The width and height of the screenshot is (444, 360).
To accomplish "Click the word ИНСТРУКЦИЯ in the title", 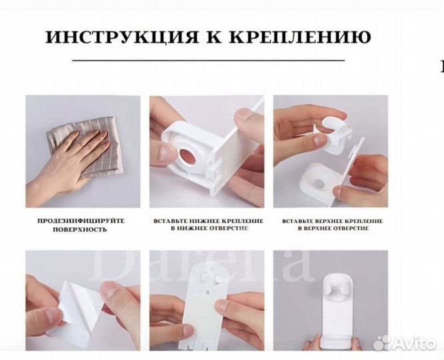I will [x=111, y=37].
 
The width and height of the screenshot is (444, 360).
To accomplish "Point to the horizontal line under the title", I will [x=207, y=61].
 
